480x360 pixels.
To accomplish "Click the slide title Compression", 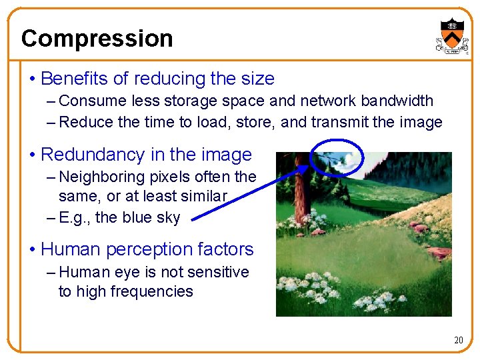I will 97,39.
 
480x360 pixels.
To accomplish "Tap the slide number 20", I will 458,341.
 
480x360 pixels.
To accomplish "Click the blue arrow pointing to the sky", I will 247,191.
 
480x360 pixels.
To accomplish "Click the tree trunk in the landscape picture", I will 299,193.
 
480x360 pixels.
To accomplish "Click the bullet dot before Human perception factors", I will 33,250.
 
